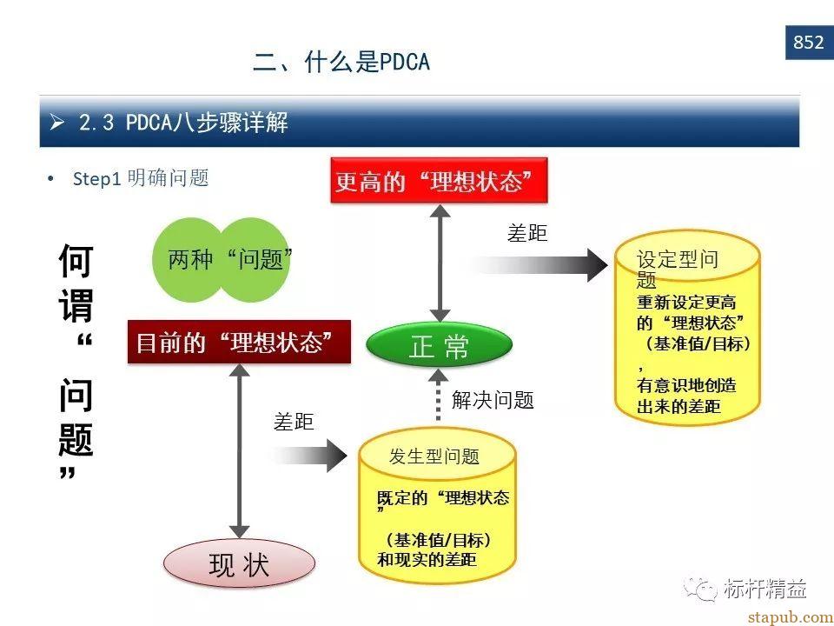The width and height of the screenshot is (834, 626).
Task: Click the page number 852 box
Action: (810, 42)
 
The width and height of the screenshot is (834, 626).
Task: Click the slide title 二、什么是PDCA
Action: (341, 62)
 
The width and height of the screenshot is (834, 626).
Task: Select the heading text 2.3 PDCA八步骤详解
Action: (183, 123)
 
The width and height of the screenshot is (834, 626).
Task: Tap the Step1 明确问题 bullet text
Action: (141, 177)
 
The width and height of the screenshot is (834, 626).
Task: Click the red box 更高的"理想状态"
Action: (439, 181)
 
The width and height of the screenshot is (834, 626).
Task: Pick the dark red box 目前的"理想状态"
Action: (240, 342)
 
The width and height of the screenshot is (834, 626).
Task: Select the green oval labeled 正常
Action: (440, 344)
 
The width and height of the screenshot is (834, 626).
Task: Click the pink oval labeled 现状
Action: (240, 564)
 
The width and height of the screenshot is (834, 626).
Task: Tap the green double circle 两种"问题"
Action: (222, 260)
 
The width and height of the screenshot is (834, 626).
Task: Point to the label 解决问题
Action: (493, 400)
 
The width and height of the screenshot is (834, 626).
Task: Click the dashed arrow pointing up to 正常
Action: (438, 395)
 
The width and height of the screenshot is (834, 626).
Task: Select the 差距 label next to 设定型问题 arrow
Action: (527, 233)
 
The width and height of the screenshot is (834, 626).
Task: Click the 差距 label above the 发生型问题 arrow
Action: (294, 422)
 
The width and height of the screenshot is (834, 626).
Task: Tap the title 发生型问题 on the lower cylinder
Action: (434, 456)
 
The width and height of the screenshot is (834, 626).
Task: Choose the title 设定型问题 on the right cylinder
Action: (678, 270)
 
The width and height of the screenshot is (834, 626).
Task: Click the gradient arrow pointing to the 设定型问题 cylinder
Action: (537, 264)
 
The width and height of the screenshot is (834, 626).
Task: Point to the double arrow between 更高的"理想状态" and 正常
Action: (440, 263)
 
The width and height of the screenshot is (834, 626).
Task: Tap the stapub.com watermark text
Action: (791, 617)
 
